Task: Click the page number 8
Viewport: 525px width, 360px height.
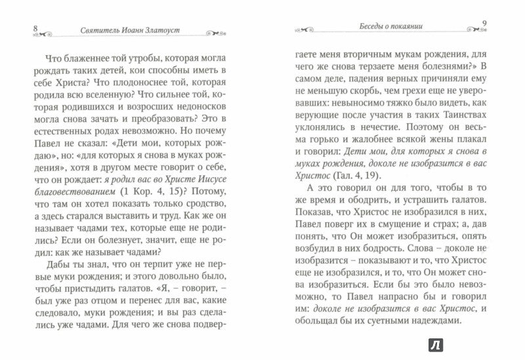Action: coord(24,29)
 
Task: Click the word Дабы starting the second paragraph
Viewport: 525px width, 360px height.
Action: coord(49,275)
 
